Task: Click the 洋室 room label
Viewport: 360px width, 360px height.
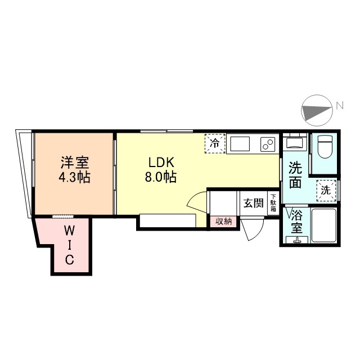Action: (75, 163)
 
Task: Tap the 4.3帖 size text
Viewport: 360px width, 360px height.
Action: (75, 177)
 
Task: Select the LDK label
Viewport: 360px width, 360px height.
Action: (161, 163)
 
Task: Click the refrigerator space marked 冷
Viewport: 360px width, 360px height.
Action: (215, 144)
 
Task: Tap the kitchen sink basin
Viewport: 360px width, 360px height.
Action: (240, 144)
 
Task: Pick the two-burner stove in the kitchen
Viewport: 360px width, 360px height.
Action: (268, 144)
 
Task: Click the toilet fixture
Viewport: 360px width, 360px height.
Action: (325, 147)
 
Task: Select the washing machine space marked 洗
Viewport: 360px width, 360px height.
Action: (326, 191)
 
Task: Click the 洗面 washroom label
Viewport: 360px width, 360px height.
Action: (295, 175)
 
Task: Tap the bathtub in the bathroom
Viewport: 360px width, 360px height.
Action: (324, 225)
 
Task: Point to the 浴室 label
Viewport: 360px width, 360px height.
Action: (296, 222)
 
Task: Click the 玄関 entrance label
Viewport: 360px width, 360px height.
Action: (254, 203)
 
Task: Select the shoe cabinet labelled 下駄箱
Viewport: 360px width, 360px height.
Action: (273, 203)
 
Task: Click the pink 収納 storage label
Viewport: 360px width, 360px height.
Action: (223, 222)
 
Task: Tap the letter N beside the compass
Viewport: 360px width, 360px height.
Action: (340, 106)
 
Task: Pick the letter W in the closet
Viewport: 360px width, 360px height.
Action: (69, 231)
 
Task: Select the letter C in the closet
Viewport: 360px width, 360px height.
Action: (70, 260)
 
